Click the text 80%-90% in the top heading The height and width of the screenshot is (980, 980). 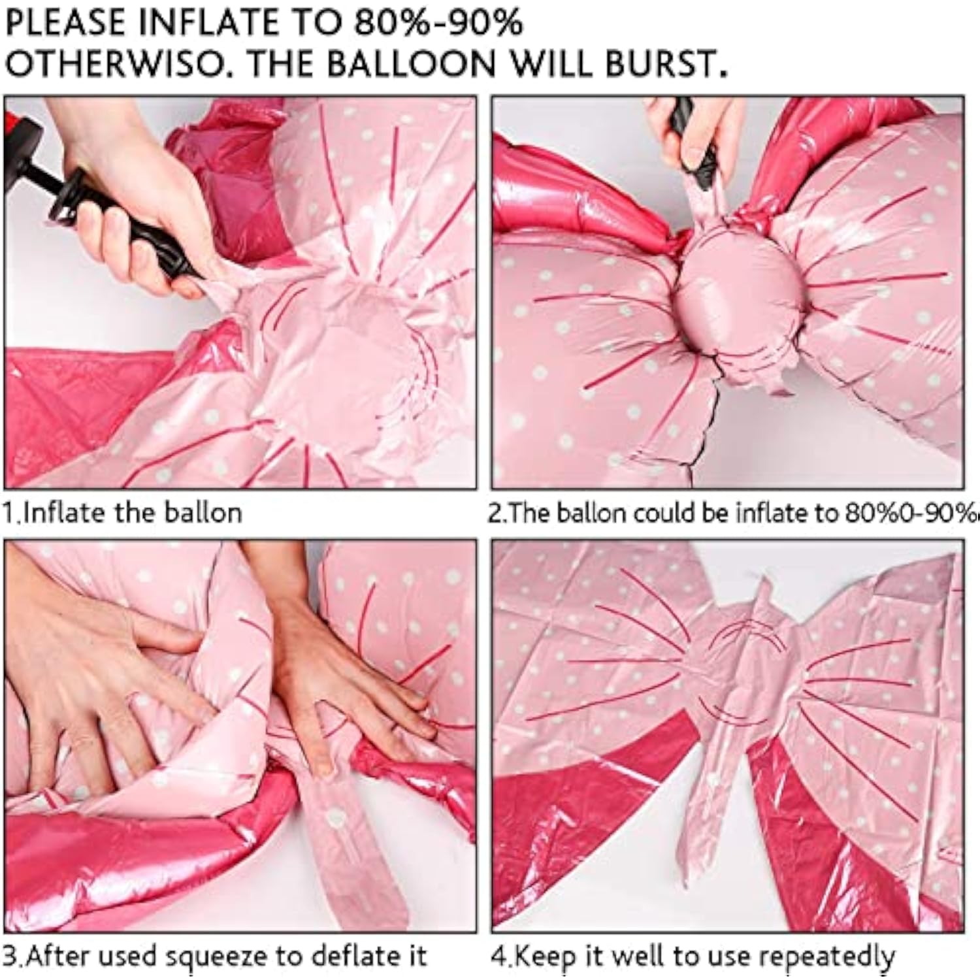click(438, 23)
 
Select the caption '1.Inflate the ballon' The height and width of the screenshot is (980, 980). click(122, 513)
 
